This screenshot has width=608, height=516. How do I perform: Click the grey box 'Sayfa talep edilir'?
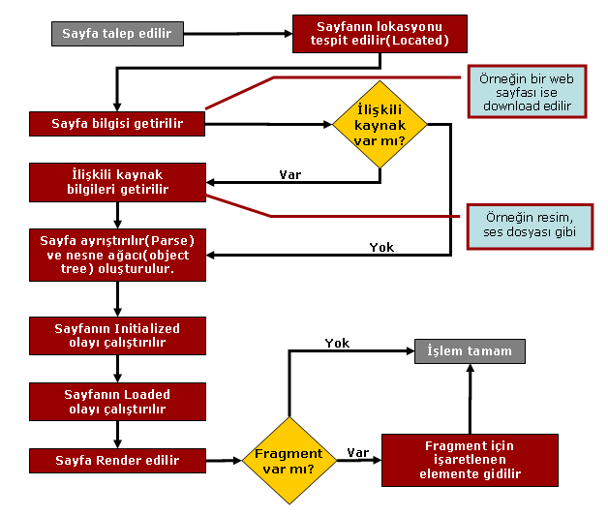(116, 35)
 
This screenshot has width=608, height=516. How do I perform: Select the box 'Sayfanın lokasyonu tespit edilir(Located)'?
(380, 34)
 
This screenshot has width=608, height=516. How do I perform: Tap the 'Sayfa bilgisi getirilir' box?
(117, 124)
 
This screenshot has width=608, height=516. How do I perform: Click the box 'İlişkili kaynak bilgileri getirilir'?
(117, 181)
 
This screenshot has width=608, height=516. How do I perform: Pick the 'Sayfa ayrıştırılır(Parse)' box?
(117, 255)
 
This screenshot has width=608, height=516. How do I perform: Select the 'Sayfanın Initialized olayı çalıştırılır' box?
(117, 335)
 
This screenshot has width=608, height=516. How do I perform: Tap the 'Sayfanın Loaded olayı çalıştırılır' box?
(117, 401)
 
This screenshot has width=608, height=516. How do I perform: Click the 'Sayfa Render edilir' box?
(117, 460)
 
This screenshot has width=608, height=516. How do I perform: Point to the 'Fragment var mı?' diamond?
(288, 461)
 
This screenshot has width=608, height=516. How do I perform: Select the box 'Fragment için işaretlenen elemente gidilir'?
(470, 460)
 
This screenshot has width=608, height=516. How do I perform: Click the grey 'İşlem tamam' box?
(470, 350)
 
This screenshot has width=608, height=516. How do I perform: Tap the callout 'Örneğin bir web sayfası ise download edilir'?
(527, 92)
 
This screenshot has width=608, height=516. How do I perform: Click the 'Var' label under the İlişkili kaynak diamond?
(289, 174)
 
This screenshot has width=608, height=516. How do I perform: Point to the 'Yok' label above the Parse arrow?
(381, 247)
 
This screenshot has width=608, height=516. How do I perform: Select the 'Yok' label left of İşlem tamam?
(337, 343)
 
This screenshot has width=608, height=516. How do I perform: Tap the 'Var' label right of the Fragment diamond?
(357, 452)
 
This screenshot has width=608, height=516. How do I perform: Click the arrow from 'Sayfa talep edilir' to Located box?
(237, 36)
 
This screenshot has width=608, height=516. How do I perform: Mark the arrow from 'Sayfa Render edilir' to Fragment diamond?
(223, 461)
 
